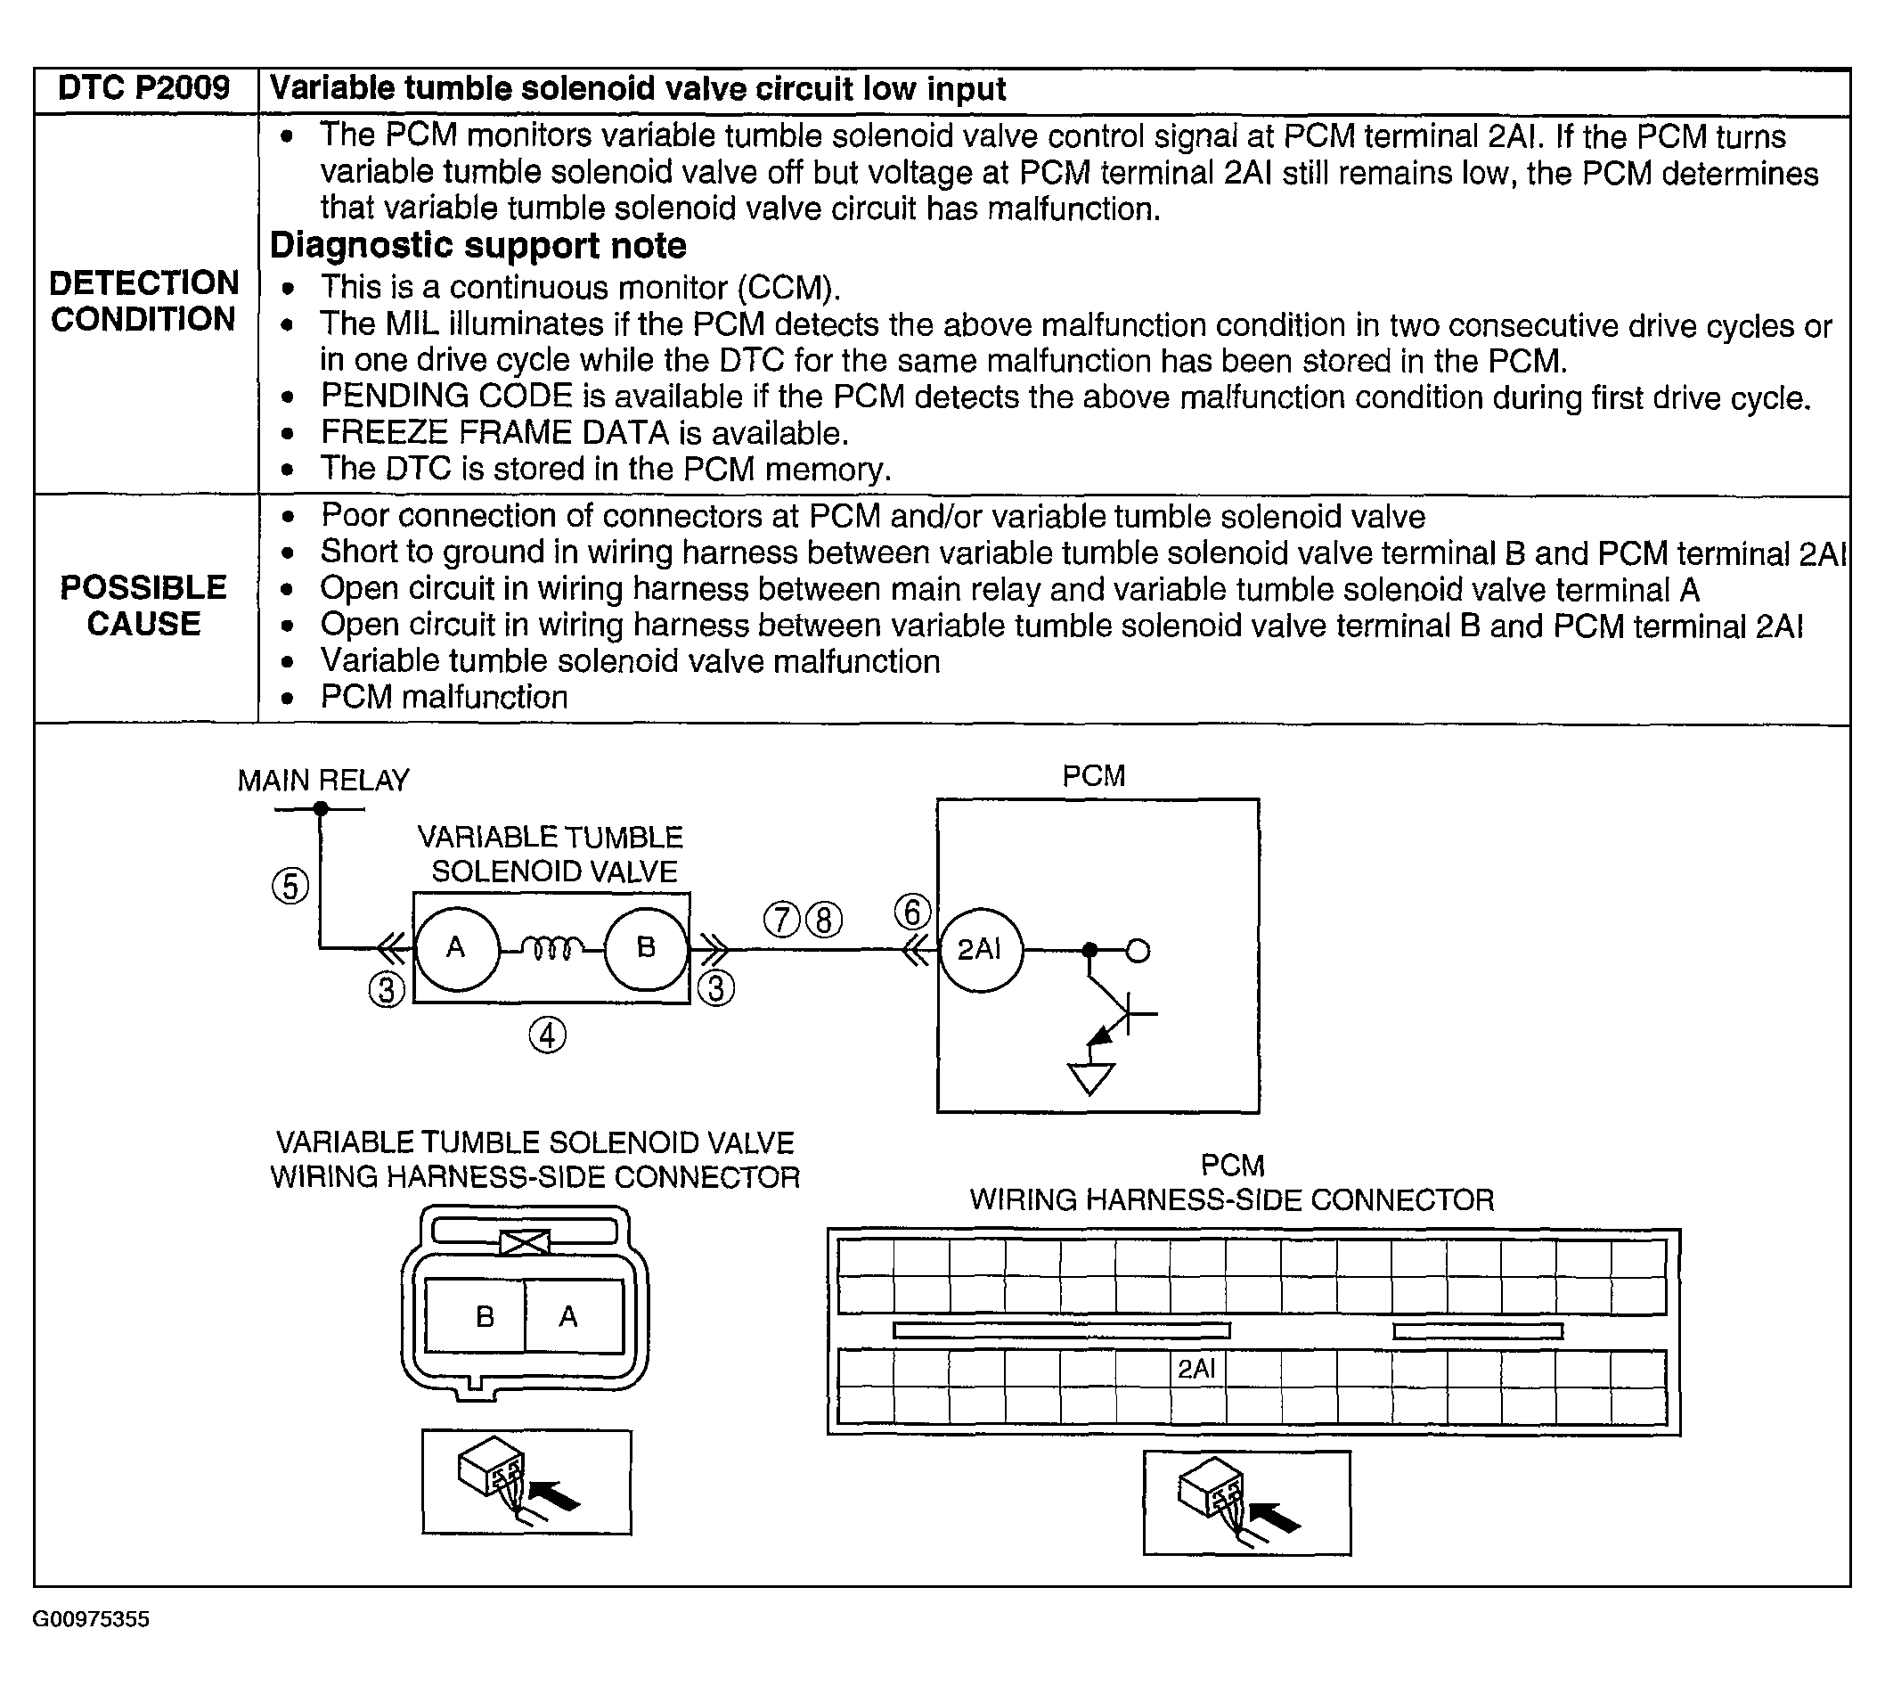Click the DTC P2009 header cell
pyautogui.click(x=144, y=89)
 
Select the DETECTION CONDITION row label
pyautogui.click(x=144, y=300)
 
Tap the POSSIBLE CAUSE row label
pyautogui.click(x=144, y=605)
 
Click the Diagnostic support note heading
pyautogui.click(x=478, y=246)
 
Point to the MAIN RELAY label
pyautogui.click(x=322, y=780)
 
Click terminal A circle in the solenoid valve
pyautogui.click(x=456, y=948)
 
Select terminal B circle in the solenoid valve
pyautogui.click(x=646, y=948)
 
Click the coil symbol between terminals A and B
pyautogui.click(x=551, y=948)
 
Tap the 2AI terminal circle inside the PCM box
pyautogui.click(x=981, y=949)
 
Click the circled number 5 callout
pyautogui.click(x=290, y=886)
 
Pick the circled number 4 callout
pyautogui.click(x=547, y=1035)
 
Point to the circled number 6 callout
pyautogui.click(x=912, y=912)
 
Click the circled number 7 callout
pyautogui.click(x=781, y=920)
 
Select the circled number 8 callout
pyautogui.click(x=823, y=920)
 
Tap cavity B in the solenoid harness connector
pyautogui.click(x=484, y=1317)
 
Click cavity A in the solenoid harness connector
pyautogui.click(x=568, y=1317)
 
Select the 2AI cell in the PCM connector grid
pyautogui.click(x=1196, y=1368)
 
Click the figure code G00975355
pyautogui.click(x=91, y=1619)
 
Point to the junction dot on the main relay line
pyautogui.click(x=321, y=809)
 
